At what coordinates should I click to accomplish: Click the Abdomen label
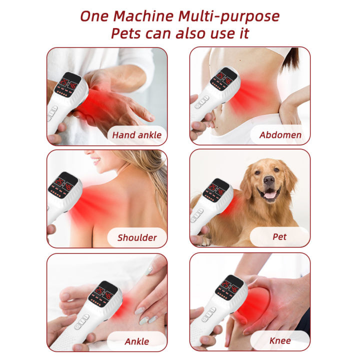[x=280, y=134]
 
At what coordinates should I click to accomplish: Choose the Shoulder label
[x=137, y=237]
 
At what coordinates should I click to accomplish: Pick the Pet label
[x=280, y=236]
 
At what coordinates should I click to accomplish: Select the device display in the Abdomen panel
[x=223, y=78]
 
